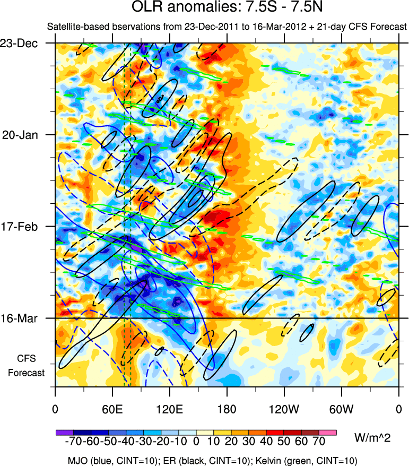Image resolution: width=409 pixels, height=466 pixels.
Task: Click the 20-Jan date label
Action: [x=27, y=135]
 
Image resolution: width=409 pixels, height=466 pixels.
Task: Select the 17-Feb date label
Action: [x=27, y=227]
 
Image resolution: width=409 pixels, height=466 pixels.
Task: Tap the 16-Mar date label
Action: [x=27, y=318]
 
